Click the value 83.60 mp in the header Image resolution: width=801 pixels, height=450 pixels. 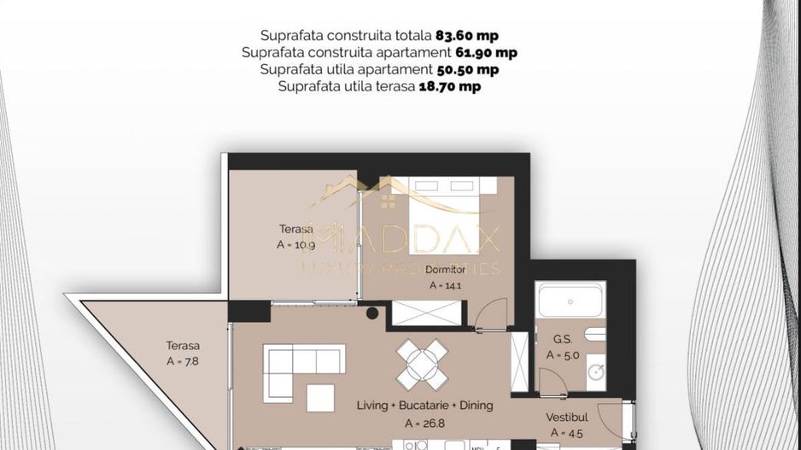[x=466, y=36]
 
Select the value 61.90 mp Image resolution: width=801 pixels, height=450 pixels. [x=485, y=53]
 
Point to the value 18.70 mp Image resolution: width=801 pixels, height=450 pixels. [x=449, y=87]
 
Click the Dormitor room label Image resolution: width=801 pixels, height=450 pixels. [x=446, y=269]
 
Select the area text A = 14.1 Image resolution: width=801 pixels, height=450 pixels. [x=446, y=286]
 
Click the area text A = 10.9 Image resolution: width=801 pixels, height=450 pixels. [x=295, y=244]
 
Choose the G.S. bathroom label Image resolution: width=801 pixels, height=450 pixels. [x=562, y=339]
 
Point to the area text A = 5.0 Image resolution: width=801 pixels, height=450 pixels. [x=564, y=356]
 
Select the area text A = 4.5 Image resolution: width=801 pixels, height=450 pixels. [x=566, y=433]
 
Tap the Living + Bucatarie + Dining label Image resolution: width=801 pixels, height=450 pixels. [x=424, y=405]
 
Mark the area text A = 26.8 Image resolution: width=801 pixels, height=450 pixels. [x=424, y=422]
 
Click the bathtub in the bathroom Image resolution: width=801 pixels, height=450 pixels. [x=571, y=301]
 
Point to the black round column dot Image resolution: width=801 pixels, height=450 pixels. [x=372, y=313]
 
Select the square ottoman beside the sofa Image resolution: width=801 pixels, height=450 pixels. [x=321, y=396]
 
